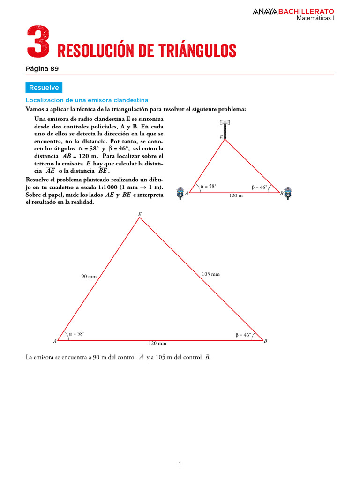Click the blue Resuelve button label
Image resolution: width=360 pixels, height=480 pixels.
click(44, 88)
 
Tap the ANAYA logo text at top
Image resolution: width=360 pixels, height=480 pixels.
click(265, 11)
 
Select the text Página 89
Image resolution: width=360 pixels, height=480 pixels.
click(42, 68)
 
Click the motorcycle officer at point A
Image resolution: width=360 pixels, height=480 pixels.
click(180, 193)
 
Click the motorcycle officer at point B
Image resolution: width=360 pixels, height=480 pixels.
click(289, 193)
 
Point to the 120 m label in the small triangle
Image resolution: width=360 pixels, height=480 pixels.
click(236, 195)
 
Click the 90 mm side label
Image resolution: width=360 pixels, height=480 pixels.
click(89, 277)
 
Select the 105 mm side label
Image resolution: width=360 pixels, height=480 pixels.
click(210, 274)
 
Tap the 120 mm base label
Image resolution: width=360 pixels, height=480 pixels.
click(157, 344)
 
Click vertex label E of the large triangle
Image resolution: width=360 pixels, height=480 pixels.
click(139, 214)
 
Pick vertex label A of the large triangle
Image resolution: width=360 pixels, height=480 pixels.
click(55, 341)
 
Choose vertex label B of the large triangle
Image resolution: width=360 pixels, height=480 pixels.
click(265, 341)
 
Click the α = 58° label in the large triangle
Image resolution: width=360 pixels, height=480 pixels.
click(76, 334)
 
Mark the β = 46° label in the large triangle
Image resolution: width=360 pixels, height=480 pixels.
click(243, 335)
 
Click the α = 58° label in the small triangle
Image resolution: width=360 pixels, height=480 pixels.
click(208, 186)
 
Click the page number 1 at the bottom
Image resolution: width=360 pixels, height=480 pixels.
click(180, 464)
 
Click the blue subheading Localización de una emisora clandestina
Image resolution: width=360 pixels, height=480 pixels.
click(87, 100)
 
